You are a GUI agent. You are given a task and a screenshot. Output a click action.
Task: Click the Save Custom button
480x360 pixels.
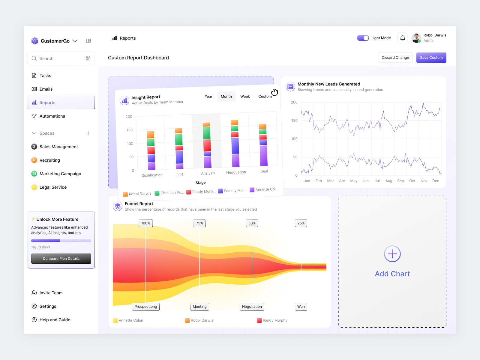click(431, 58)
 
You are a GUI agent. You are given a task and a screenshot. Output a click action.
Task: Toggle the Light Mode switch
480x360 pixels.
click(363, 38)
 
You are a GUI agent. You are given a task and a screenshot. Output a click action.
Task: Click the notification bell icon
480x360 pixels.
click(403, 38)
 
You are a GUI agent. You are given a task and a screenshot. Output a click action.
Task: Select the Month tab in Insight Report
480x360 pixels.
click(226, 96)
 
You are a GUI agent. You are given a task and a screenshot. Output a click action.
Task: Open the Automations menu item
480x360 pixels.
click(52, 116)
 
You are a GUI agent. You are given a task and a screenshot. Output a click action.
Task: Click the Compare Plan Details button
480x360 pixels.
click(61, 259)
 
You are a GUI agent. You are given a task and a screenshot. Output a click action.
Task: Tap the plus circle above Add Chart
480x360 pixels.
click(392, 254)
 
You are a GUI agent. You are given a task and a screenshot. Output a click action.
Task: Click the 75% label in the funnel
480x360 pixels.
click(199, 223)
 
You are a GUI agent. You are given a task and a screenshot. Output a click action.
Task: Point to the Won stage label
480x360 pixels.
click(301, 307)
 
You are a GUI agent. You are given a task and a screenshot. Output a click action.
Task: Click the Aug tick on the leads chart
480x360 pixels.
click(389, 181)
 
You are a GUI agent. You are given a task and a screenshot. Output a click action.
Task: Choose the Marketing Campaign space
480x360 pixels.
click(60, 174)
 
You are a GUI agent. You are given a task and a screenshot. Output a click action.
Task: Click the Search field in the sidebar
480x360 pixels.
click(61, 58)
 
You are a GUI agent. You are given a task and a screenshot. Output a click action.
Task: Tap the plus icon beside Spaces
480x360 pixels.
click(88, 133)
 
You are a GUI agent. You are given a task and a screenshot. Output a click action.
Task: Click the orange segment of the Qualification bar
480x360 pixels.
click(151, 135)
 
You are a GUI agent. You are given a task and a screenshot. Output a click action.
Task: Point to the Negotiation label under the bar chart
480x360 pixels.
click(236, 172)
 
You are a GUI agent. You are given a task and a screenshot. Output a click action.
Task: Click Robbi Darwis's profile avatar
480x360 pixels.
click(416, 38)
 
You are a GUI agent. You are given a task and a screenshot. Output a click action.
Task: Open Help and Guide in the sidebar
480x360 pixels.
click(55, 320)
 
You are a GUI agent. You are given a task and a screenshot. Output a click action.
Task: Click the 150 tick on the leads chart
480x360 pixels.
click(294, 121)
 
